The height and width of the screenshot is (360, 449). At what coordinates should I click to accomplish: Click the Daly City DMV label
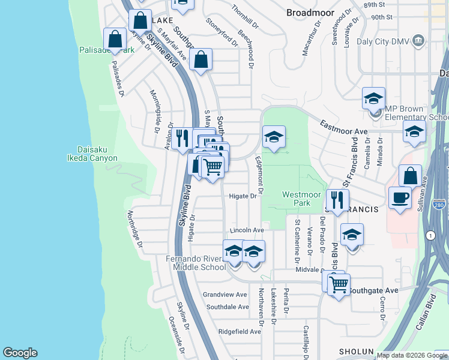(384, 40)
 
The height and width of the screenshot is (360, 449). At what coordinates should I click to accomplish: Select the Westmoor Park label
(297, 199)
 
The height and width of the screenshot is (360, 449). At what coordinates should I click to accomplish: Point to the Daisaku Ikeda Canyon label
(97, 154)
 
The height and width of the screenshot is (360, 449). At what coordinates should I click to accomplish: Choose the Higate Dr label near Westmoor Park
(243, 196)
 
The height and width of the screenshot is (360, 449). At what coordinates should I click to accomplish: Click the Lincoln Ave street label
(247, 230)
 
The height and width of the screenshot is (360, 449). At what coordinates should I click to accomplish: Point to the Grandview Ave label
(225, 295)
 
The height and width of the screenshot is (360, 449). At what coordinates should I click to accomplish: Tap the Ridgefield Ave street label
(240, 331)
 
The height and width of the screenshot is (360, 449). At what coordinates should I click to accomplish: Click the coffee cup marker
(400, 198)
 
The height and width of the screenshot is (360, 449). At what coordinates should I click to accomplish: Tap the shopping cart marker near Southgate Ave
(339, 284)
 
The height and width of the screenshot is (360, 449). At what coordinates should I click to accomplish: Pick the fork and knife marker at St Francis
(337, 200)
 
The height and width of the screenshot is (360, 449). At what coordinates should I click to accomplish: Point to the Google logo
(20, 353)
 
